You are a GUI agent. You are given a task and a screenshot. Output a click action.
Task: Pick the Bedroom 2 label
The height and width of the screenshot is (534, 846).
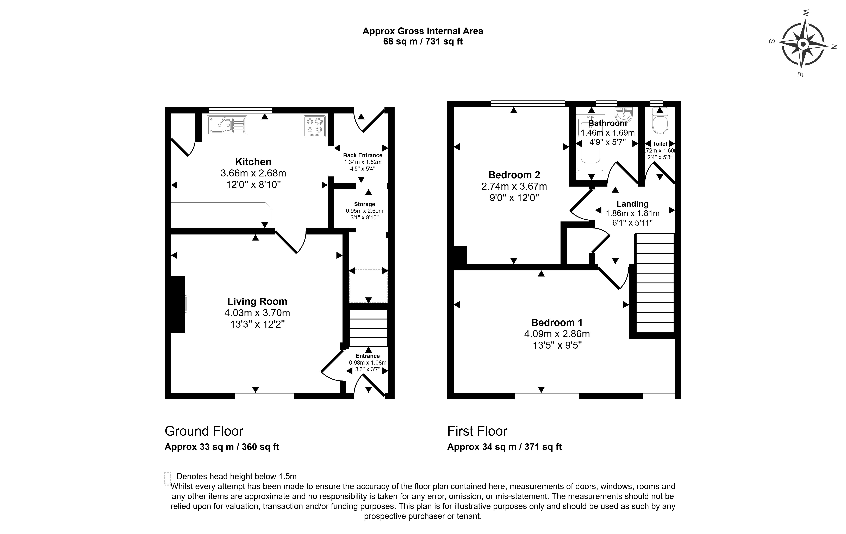(514, 175)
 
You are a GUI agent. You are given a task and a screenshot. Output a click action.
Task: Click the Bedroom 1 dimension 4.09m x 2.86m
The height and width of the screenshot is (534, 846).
(557, 334)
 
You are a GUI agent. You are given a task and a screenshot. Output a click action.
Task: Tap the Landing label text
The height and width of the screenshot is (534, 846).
(632, 204)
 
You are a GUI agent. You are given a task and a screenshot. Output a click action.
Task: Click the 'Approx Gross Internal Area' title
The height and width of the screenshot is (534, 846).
(423, 31)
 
